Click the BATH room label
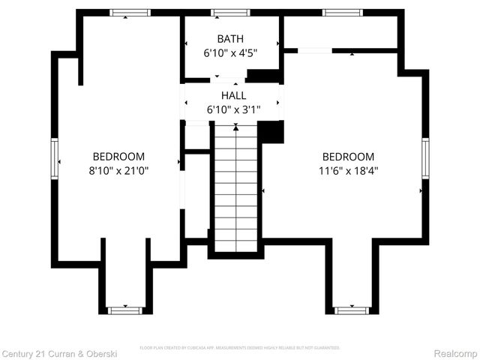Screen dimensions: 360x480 (230, 39)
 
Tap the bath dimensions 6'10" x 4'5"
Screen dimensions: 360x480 (230, 53)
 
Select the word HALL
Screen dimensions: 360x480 (233, 96)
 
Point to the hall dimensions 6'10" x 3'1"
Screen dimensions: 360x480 (233, 110)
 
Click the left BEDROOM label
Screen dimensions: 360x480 (118, 156)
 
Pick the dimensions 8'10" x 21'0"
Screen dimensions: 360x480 (118, 170)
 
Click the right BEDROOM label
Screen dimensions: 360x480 (348, 156)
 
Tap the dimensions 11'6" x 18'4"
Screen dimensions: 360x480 (348, 170)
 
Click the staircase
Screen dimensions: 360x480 (236, 187)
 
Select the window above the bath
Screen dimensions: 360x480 (230, 13)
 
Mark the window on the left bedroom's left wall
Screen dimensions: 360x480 (55, 157)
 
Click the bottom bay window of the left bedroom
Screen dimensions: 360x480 (124, 310)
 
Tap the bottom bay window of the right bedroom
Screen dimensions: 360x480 (352, 310)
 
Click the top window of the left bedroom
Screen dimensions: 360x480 (130, 13)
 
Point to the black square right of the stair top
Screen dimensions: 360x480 (271, 131)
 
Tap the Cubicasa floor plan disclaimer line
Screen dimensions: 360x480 (240, 348)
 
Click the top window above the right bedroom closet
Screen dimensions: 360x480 (343, 13)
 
